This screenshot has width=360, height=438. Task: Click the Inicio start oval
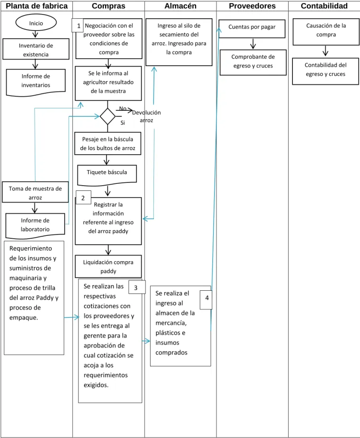36,23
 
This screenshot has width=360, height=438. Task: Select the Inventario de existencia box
36,49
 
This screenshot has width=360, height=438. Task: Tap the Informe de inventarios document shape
36,83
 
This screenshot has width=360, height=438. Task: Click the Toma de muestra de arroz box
35,192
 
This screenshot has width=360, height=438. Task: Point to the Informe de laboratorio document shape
35,226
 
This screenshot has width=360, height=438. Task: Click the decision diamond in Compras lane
107,116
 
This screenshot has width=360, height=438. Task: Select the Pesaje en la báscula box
107,143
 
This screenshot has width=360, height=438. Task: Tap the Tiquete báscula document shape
107,175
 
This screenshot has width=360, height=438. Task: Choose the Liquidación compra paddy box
108,266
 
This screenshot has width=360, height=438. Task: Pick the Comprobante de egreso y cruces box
253,62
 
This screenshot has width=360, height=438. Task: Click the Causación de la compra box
326,32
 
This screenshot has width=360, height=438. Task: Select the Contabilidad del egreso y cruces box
325,71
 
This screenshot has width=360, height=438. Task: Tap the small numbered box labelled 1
78,25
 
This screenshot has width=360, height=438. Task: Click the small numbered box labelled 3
137,287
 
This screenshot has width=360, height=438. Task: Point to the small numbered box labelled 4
206,300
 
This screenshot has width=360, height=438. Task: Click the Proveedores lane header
252,6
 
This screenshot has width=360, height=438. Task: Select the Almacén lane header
180,6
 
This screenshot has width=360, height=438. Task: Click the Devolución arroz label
146,116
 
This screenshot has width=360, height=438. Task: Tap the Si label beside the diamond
123,122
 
